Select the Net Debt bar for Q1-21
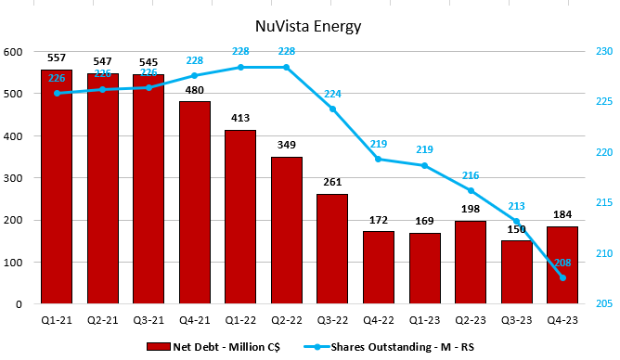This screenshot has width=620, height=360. point(57,186)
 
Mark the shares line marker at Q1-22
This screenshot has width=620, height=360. point(240,68)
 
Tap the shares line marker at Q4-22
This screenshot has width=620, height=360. point(379,159)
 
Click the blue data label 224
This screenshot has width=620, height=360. point(332,94)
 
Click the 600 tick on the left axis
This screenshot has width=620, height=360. point(17,52)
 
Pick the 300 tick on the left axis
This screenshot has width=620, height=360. point(17,178)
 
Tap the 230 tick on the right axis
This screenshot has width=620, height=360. point(604,52)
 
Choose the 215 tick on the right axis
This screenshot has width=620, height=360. point(604,203)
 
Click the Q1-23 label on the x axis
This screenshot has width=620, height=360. point(424,318)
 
